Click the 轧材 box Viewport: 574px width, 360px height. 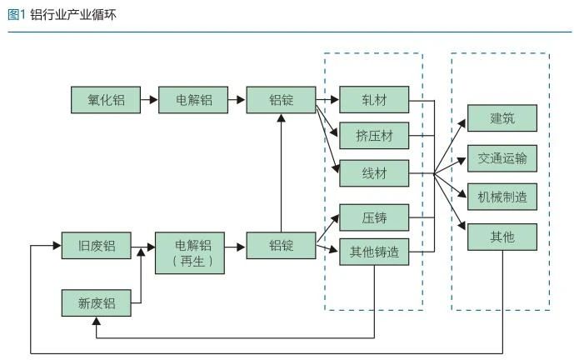(374, 101)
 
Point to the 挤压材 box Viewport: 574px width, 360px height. (374, 135)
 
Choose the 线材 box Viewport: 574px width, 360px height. (374, 172)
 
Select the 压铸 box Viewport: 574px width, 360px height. (374, 218)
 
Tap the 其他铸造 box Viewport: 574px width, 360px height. (374, 252)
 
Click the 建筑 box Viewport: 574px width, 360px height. (502, 119)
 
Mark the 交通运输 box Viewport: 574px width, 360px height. (502, 157)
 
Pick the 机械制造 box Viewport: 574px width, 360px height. (502, 197)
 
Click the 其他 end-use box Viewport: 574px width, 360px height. (502, 237)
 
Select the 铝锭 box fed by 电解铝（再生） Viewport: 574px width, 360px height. (282, 247)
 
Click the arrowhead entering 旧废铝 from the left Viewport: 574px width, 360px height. (57, 247)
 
